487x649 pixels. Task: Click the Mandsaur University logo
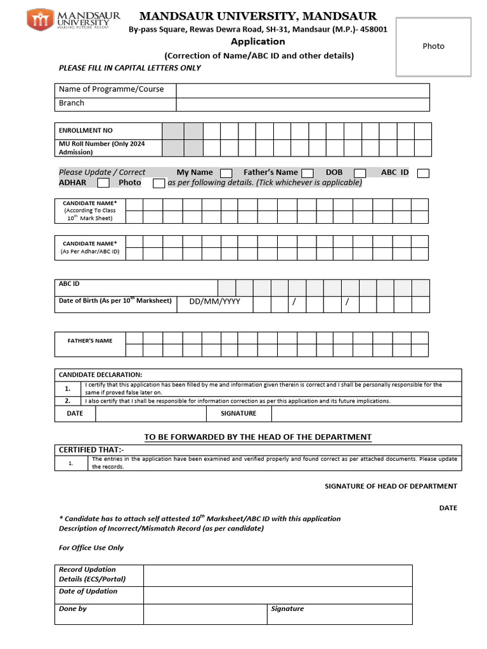point(67,20)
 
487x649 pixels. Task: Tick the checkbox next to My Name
point(226,173)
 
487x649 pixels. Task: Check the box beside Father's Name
point(307,173)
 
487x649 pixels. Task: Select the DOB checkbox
point(360,173)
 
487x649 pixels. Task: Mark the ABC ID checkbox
point(424,173)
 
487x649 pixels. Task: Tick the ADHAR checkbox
point(103,183)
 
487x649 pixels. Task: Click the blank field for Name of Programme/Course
point(302,90)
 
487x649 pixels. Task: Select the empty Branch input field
point(302,104)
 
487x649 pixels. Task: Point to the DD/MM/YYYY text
point(214,302)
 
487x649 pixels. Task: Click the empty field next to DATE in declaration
point(151,413)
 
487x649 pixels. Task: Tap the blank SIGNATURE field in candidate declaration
point(366,413)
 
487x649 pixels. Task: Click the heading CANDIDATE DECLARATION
point(100,375)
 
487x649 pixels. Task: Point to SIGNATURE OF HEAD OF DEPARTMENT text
point(391,486)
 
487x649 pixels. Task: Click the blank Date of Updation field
point(278,595)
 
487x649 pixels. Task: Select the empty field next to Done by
point(205,614)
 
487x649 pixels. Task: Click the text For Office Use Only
point(91,548)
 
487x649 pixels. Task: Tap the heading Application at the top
point(257,42)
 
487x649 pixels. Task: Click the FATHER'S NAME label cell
point(90,341)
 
